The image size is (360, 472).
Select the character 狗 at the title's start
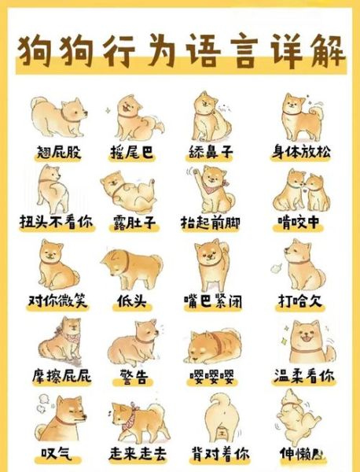(x=40, y=49)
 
